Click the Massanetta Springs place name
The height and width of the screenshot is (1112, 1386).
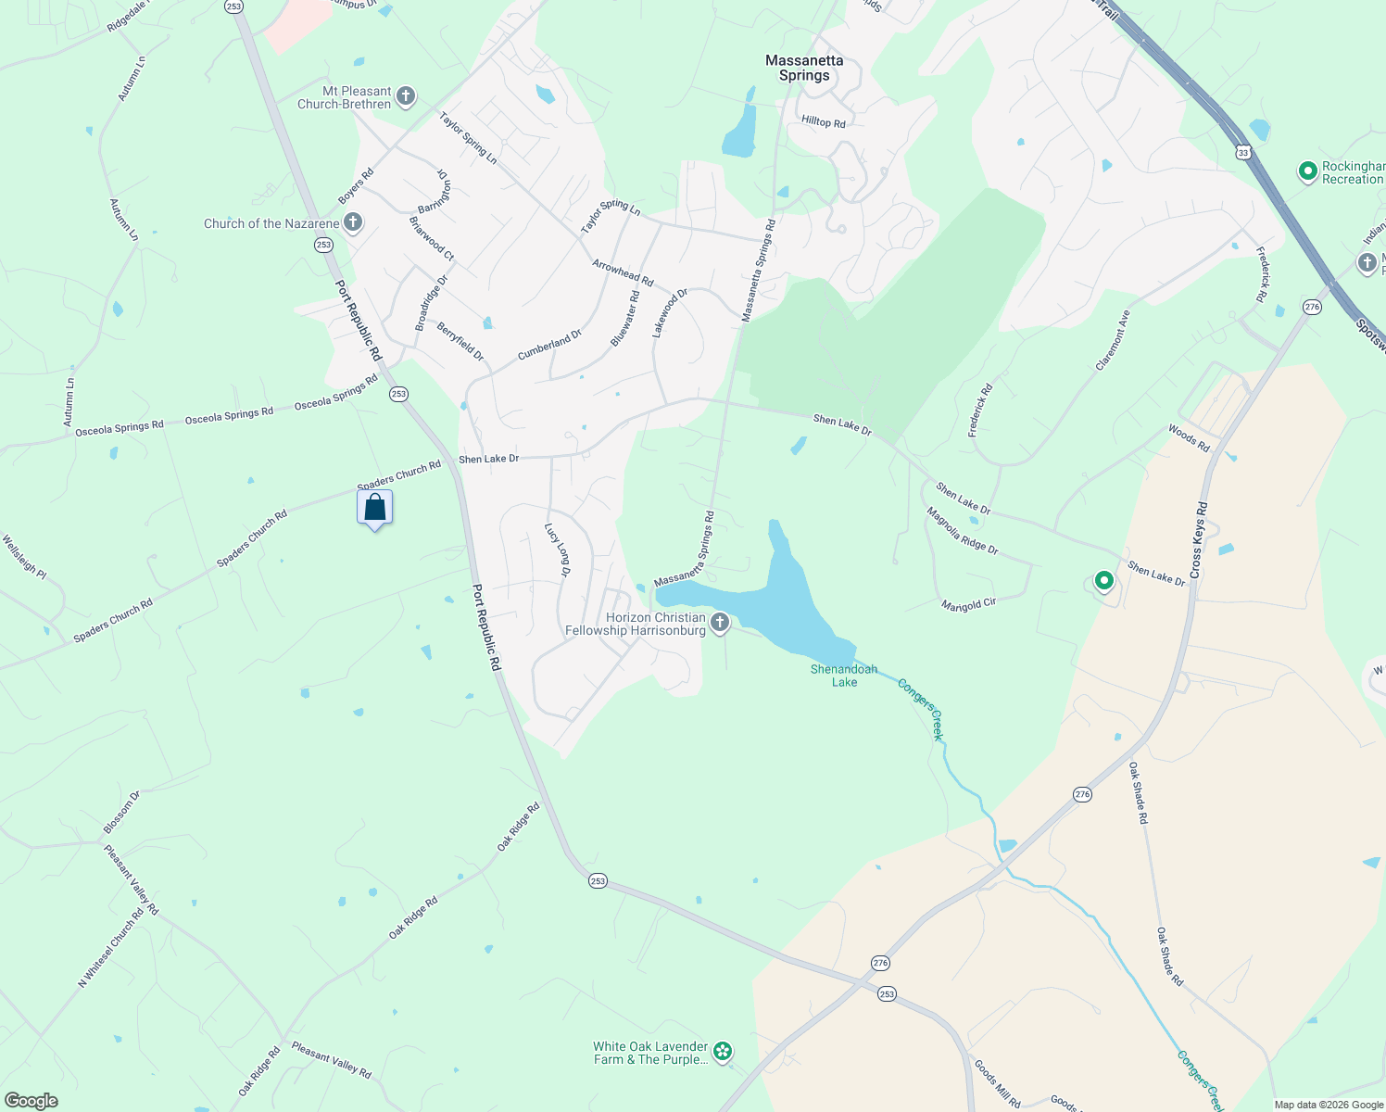coord(804,68)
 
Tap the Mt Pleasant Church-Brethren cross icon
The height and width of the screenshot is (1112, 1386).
coord(406,96)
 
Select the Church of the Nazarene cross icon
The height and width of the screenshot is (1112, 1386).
coord(353,222)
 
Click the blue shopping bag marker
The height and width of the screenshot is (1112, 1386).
coord(375,508)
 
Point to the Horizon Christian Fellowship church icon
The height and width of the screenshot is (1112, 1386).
coord(720,624)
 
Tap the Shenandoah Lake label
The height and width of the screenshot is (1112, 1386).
coord(844,676)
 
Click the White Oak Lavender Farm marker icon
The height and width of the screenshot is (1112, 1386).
coord(724,1052)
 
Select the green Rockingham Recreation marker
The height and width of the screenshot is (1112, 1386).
coord(1307,171)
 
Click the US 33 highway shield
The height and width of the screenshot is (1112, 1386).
coord(1242,151)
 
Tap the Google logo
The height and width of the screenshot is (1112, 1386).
coord(31,1101)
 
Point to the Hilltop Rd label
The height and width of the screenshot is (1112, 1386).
coord(824,122)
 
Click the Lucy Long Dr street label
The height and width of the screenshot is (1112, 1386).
coord(558,550)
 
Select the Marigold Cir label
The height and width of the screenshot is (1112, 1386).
coord(968,604)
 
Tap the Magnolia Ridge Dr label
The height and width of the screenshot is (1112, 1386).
coord(962,531)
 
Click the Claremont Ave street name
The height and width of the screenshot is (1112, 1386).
coord(1113,340)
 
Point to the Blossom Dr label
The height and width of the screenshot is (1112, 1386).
coord(121,812)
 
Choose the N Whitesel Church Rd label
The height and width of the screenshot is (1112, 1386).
coord(111,947)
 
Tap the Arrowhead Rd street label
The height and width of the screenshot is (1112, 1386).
coord(623,272)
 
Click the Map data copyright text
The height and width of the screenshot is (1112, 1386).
coord(1328,1105)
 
